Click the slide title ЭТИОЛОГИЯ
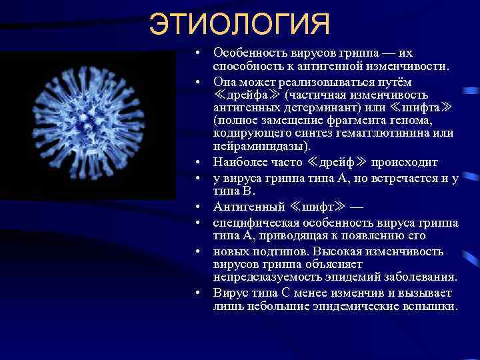coord(239,25)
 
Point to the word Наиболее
coord(240,161)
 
